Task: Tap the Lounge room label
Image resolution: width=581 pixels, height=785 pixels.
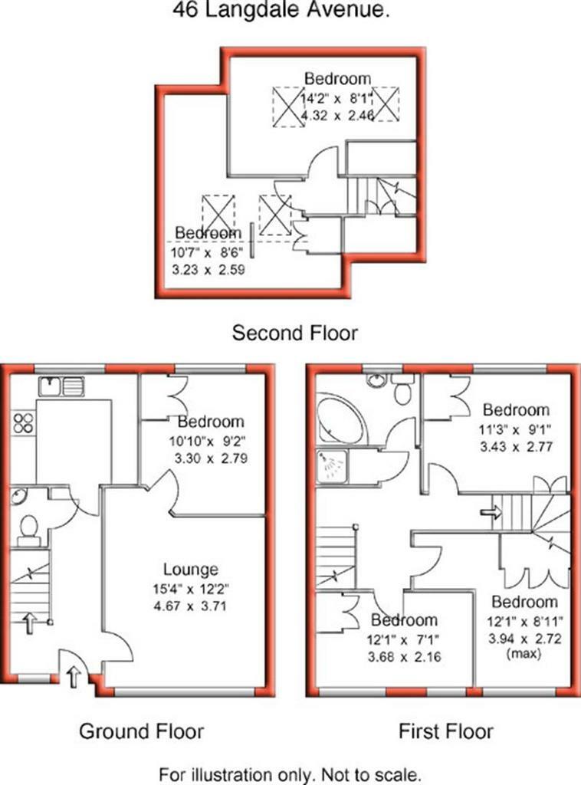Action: pos(191,570)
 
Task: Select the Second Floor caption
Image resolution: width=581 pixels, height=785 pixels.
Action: pos(295,333)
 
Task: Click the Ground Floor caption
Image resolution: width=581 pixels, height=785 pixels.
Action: pos(142,731)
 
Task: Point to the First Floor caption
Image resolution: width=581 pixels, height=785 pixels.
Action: pos(446,731)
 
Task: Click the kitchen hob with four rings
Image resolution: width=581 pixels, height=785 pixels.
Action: pos(23,422)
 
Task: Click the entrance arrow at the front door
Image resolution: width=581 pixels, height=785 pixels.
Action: pos(74,678)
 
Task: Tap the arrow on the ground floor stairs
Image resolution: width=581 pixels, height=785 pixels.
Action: pos(28,621)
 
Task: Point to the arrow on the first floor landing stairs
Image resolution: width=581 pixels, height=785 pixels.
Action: pos(489,511)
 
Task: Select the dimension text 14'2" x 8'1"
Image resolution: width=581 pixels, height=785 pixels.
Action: pos(337,97)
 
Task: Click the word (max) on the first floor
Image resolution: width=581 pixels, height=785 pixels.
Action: pos(524,653)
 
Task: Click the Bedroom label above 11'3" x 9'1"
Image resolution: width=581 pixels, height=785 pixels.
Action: pos(516,410)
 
